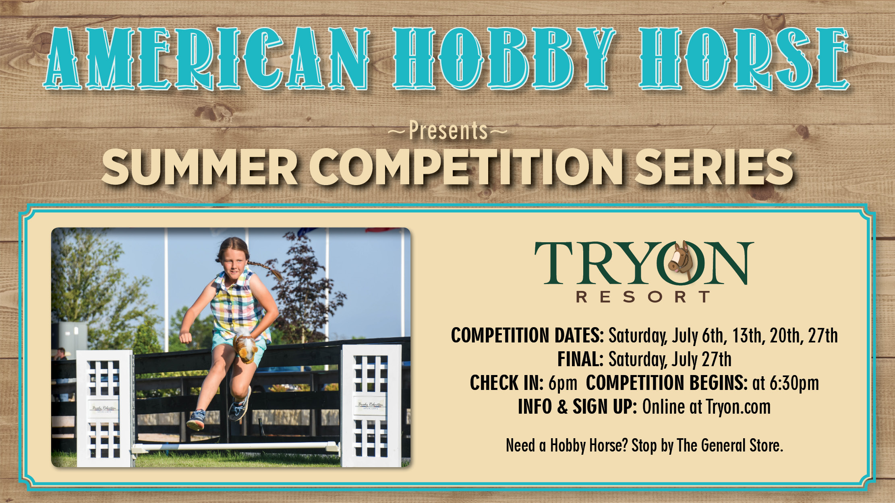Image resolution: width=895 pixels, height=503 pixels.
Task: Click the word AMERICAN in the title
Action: point(206,59)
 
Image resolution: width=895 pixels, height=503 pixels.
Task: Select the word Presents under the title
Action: point(448,131)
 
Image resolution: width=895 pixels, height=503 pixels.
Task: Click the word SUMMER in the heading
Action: point(200,167)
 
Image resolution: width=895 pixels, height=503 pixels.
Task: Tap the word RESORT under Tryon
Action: point(643,297)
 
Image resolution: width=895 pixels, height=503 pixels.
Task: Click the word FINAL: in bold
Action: point(580,359)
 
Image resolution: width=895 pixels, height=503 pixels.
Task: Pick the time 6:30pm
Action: point(794,383)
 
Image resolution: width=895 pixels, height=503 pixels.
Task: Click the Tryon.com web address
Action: point(738,407)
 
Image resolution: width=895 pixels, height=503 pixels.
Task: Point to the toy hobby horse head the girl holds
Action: point(243,346)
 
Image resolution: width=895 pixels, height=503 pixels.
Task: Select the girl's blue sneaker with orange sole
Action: point(196,420)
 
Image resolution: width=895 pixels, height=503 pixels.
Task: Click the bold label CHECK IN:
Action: point(507,383)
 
